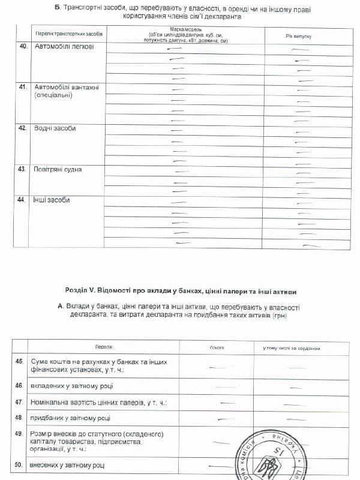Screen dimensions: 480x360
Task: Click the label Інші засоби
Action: point(52,200)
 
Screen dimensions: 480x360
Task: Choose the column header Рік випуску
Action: point(298,37)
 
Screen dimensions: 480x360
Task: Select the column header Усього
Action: point(217,347)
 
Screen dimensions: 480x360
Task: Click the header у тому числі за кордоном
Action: point(292,348)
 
